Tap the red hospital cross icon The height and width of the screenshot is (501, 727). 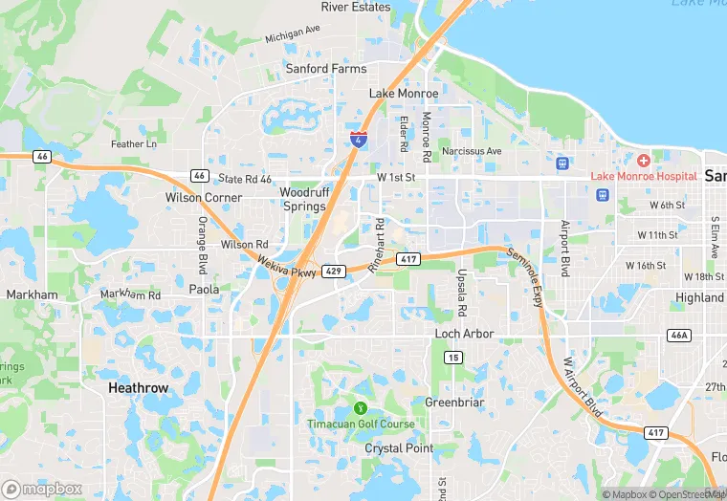(x=644, y=159)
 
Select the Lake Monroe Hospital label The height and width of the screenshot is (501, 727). (x=643, y=176)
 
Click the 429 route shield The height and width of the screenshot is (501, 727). (x=333, y=272)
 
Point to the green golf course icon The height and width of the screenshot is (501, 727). (x=361, y=408)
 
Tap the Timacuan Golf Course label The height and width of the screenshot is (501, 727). (x=361, y=424)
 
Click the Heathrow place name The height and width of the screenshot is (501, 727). (x=138, y=388)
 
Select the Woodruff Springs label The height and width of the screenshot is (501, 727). (x=304, y=199)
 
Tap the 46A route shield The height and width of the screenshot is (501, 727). (x=678, y=335)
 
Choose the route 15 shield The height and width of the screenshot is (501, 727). (x=453, y=357)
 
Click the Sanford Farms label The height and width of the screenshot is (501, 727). (x=326, y=69)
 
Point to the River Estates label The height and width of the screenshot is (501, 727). (x=356, y=7)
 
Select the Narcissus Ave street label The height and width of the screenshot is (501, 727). (x=471, y=151)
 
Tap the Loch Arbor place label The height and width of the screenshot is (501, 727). (x=464, y=334)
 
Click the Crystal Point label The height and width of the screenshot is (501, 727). (x=399, y=447)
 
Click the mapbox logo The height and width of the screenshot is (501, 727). (x=42, y=489)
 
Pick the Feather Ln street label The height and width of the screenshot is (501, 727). (x=134, y=144)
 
